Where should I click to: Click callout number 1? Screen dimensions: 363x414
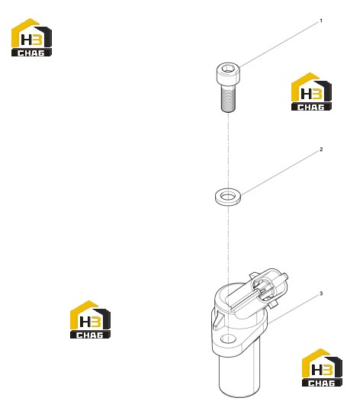[x=321, y=21]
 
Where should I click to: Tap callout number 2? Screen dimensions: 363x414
[x=321, y=149]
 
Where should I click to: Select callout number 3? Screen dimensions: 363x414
[x=321, y=294]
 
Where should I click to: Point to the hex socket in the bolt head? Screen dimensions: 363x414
[x=228, y=69]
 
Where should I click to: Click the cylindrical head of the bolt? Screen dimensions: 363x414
[x=229, y=73]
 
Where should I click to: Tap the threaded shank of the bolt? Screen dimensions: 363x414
[x=228, y=98]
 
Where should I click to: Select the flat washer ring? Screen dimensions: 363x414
[x=228, y=197]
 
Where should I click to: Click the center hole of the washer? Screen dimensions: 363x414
[x=228, y=196]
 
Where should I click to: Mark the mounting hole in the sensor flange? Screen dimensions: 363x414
[x=227, y=339]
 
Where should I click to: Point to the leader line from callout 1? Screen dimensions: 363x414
[x=279, y=43]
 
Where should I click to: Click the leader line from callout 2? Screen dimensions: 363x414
[x=280, y=172]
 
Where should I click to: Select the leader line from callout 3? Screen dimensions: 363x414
[x=294, y=310]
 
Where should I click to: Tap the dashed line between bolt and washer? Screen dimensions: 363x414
[x=228, y=150]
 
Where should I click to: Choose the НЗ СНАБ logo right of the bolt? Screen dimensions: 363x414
[x=311, y=91]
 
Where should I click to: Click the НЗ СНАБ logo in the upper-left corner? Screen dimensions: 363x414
[x=31, y=37]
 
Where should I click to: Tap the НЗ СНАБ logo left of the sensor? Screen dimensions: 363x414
[x=90, y=319]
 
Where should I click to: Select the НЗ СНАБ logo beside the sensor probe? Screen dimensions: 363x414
[x=322, y=367]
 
